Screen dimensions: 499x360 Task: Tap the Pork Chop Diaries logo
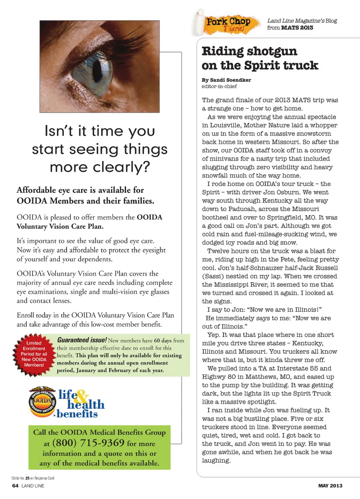coord(228,24)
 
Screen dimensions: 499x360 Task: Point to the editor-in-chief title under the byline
coord(219,86)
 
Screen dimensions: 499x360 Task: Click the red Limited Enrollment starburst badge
coord(34,354)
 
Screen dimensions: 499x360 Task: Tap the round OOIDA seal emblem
coord(42,402)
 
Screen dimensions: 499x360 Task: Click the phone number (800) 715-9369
coord(88,443)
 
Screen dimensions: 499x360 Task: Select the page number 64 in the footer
coord(15,486)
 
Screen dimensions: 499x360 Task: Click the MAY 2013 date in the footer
coord(330,486)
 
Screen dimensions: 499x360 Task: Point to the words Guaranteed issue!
coord(82,340)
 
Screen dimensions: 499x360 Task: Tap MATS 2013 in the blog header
coord(297,27)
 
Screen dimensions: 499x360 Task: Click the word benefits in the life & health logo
coord(77,414)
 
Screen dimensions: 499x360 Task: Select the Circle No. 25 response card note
coord(33,478)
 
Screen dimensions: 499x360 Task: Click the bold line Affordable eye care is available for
coord(80,190)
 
